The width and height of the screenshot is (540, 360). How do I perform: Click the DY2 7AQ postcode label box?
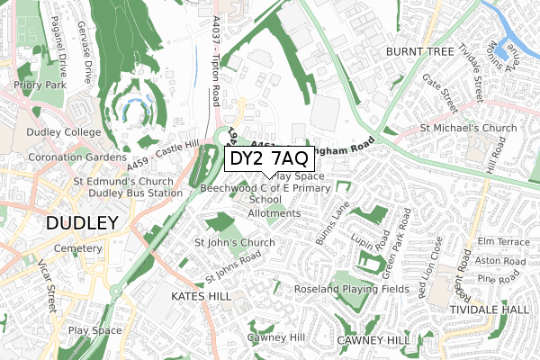[x=268, y=159]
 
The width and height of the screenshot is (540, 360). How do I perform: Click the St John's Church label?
[x=235, y=243]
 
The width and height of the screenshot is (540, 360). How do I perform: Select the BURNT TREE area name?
[x=419, y=52]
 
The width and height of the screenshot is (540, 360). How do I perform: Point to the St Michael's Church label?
[x=470, y=129]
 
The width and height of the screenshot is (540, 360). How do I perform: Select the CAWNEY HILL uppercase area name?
[x=373, y=341]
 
